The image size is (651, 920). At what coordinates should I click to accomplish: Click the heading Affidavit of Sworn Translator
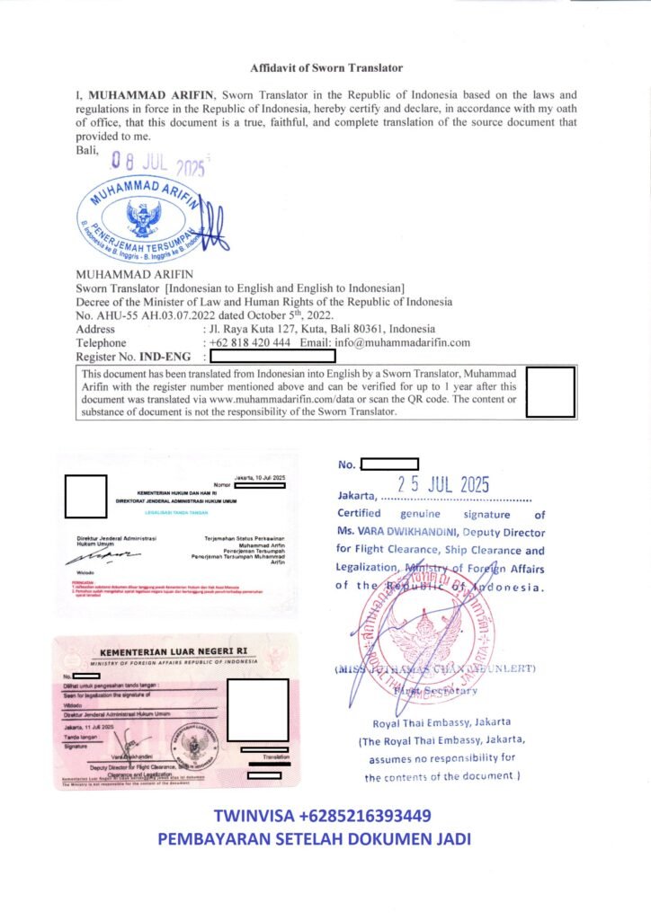pos(325,67)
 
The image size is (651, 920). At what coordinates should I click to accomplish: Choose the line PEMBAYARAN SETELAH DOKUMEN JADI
pos(314,839)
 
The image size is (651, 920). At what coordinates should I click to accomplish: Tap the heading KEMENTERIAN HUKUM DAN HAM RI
pos(181,493)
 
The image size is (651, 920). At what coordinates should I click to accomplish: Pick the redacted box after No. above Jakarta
pos(388,464)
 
